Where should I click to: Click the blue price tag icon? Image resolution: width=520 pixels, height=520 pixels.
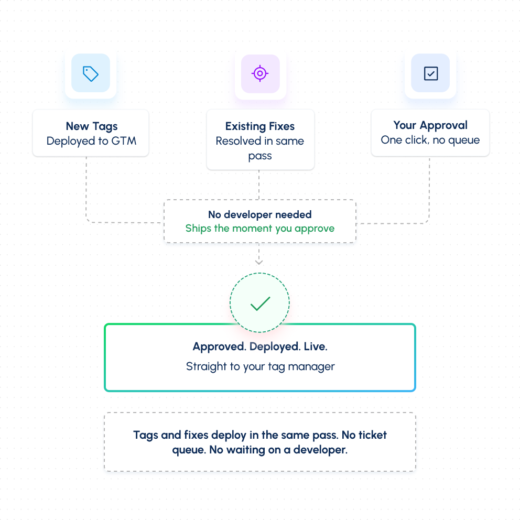point(91,73)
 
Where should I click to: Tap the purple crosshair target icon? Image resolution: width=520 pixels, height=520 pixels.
point(260,73)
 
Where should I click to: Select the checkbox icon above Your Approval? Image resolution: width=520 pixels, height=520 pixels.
point(431,73)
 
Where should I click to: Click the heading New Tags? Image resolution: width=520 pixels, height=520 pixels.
point(92,126)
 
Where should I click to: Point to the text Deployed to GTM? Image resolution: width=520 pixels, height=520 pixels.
point(91,142)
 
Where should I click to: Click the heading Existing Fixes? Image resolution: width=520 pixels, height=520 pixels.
point(260,126)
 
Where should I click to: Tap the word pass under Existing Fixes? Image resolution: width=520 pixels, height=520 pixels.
point(260,156)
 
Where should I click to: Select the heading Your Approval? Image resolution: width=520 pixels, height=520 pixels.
point(430,125)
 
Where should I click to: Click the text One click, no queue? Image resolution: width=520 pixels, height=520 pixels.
point(430,140)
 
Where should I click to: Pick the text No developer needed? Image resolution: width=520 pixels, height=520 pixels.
point(260,214)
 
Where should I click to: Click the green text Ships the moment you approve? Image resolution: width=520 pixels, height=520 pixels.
point(260,229)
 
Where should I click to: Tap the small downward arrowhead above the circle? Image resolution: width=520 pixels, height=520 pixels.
point(259,262)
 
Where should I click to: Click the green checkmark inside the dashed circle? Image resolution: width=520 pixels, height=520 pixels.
point(261,304)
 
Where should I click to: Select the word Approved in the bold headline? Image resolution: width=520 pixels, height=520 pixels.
point(219,346)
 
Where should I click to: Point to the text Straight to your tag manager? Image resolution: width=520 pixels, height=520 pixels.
point(261,366)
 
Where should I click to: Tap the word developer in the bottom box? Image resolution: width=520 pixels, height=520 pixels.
point(320,450)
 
